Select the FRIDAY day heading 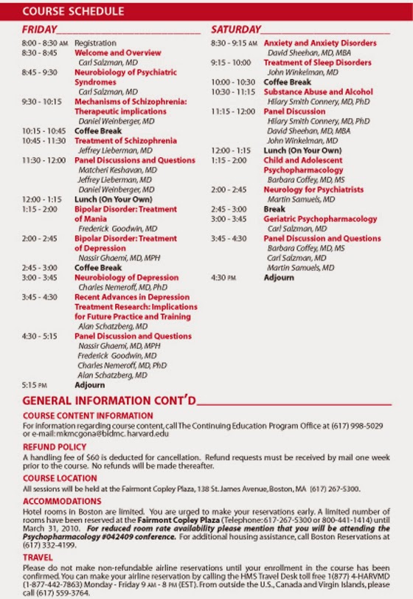click(x=39, y=30)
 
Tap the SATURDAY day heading click(x=235, y=30)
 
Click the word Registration click(x=96, y=44)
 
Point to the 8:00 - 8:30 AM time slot click(x=44, y=44)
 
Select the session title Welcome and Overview click(x=117, y=53)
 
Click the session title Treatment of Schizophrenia click(x=125, y=140)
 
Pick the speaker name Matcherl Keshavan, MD click(x=117, y=170)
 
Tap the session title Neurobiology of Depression click(x=126, y=277)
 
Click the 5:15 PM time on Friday click(x=35, y=384)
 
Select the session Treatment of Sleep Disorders click(x=317, y=63)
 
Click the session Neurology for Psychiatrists click(x=313, y=190)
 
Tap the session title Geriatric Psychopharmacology click(x=320, y=219)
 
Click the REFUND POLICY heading click(x=55, y=447)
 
